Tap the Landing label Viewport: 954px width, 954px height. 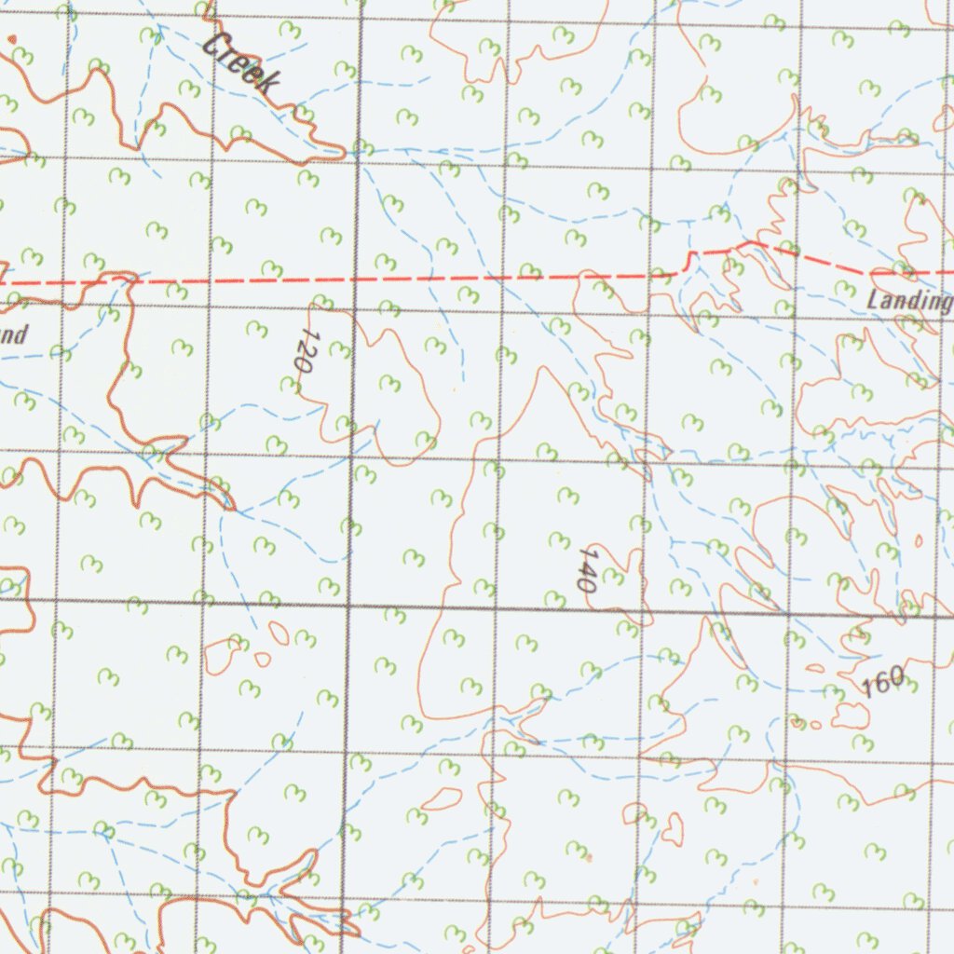(908, 301)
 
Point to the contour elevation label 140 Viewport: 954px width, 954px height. (585, 570)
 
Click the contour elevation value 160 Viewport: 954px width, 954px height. (882, 683)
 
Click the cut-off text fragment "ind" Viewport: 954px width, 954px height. (13, 334)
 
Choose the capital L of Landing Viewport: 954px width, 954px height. (873, 301)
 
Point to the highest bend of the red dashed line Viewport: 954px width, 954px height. (753, 243)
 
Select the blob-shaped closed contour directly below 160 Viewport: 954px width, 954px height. (850, 715)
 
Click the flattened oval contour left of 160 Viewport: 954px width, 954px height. (815, 668)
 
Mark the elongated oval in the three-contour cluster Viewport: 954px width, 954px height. (279, 633)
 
